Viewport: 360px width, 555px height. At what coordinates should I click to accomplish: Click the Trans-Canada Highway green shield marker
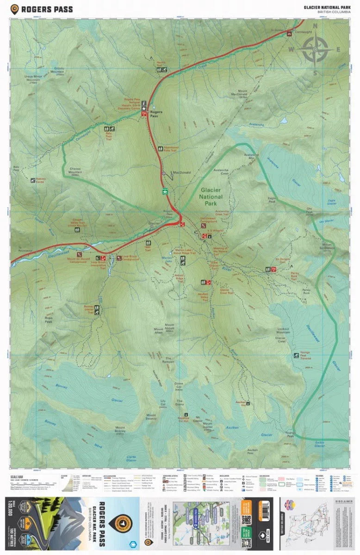(164, 190)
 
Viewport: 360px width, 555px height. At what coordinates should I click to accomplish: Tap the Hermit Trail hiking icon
(161, 70)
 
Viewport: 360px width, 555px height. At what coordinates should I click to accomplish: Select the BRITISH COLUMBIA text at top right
(331, 12)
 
